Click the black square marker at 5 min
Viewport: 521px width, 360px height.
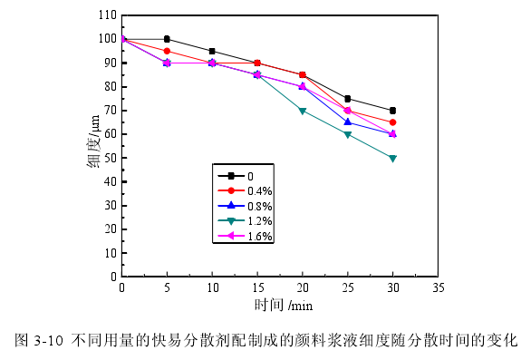pos(167,39)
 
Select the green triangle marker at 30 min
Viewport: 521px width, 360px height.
pos(392,158)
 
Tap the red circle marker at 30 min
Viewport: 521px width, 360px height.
pos(392,122)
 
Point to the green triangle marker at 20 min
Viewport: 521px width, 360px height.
pos(303,111)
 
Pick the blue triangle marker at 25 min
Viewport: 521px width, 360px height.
pos(347,122)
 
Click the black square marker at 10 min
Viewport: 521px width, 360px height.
pos(212,51)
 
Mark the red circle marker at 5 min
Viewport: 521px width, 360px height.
pos(167,51)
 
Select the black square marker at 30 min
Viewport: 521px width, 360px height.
pos(392,111)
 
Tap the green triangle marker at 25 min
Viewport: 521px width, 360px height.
pos(347,134)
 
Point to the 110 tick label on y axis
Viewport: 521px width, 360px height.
pos(106,15)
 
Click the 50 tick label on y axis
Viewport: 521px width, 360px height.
pos(109,158)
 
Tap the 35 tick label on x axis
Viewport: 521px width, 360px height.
pos(438,287)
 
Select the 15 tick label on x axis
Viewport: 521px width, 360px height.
pos(257,287)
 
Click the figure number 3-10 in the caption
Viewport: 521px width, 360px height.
pos(47,342)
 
